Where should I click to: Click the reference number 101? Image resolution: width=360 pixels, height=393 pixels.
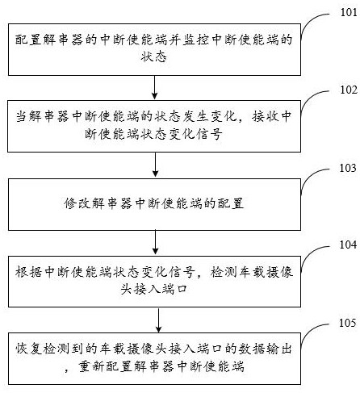click(x=349, y=12)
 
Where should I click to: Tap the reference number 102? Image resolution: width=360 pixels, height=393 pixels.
click(x=349, y=90)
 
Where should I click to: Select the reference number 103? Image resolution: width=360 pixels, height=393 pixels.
click(x=348, y=168)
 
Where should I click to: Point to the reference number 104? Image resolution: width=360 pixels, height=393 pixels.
click(x=348, y=245)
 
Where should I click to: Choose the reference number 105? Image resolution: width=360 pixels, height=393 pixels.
click(x=347, y=323)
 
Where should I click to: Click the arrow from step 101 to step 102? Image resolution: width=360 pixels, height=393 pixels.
click(x=154, y=87)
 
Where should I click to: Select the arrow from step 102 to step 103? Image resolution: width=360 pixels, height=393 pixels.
click(x=155, y=165)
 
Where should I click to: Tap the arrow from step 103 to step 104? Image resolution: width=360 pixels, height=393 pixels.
click(x=155, y=242)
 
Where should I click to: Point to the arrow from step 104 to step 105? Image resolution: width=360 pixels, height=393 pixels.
click(x=159, y=320)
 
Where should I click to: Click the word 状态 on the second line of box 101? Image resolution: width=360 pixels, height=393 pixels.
click(x=153, y=56)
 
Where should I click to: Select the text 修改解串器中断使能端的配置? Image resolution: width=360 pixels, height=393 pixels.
click(x=154, y=203)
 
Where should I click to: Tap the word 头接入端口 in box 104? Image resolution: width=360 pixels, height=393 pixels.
click(x=153, y=289)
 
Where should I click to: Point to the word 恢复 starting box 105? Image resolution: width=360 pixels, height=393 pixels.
click(x=28, y=349)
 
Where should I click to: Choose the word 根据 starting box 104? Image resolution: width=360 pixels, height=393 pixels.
click(x=28, y=272)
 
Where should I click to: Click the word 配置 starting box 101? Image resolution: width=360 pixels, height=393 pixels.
click(x=28, y=40)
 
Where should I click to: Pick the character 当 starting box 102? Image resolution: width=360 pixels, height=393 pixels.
click(x=22, y=116)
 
